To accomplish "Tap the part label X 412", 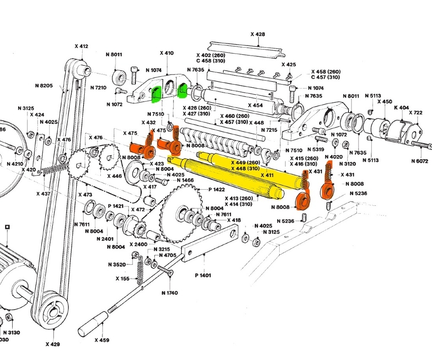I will tap(81, 46).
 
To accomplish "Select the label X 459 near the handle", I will tap(101, 340).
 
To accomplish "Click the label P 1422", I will tap(216, 190).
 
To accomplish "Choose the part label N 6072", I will tap(420, 161).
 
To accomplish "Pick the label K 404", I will tap(401, 108).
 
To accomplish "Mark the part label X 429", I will tap(53, 344).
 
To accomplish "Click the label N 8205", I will tap(44, 86).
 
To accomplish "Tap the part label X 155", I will tap(123, 278).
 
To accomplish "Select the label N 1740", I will tap(169, 293).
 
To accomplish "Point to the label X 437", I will tap(43, 193).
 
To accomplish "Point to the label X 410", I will tap(167, 54).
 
